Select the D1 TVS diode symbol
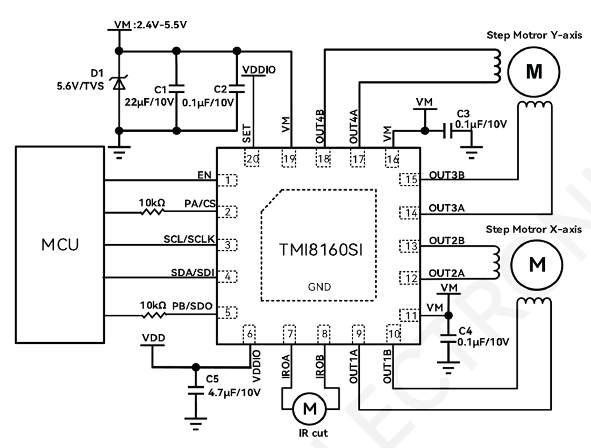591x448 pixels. click(119, 83)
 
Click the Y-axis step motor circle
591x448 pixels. click(533, 71)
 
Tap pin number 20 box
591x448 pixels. click(252, 158)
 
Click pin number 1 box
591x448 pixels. click(230, 180)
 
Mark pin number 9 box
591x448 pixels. click(359, 334)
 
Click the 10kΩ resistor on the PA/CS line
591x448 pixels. click(152, 212)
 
